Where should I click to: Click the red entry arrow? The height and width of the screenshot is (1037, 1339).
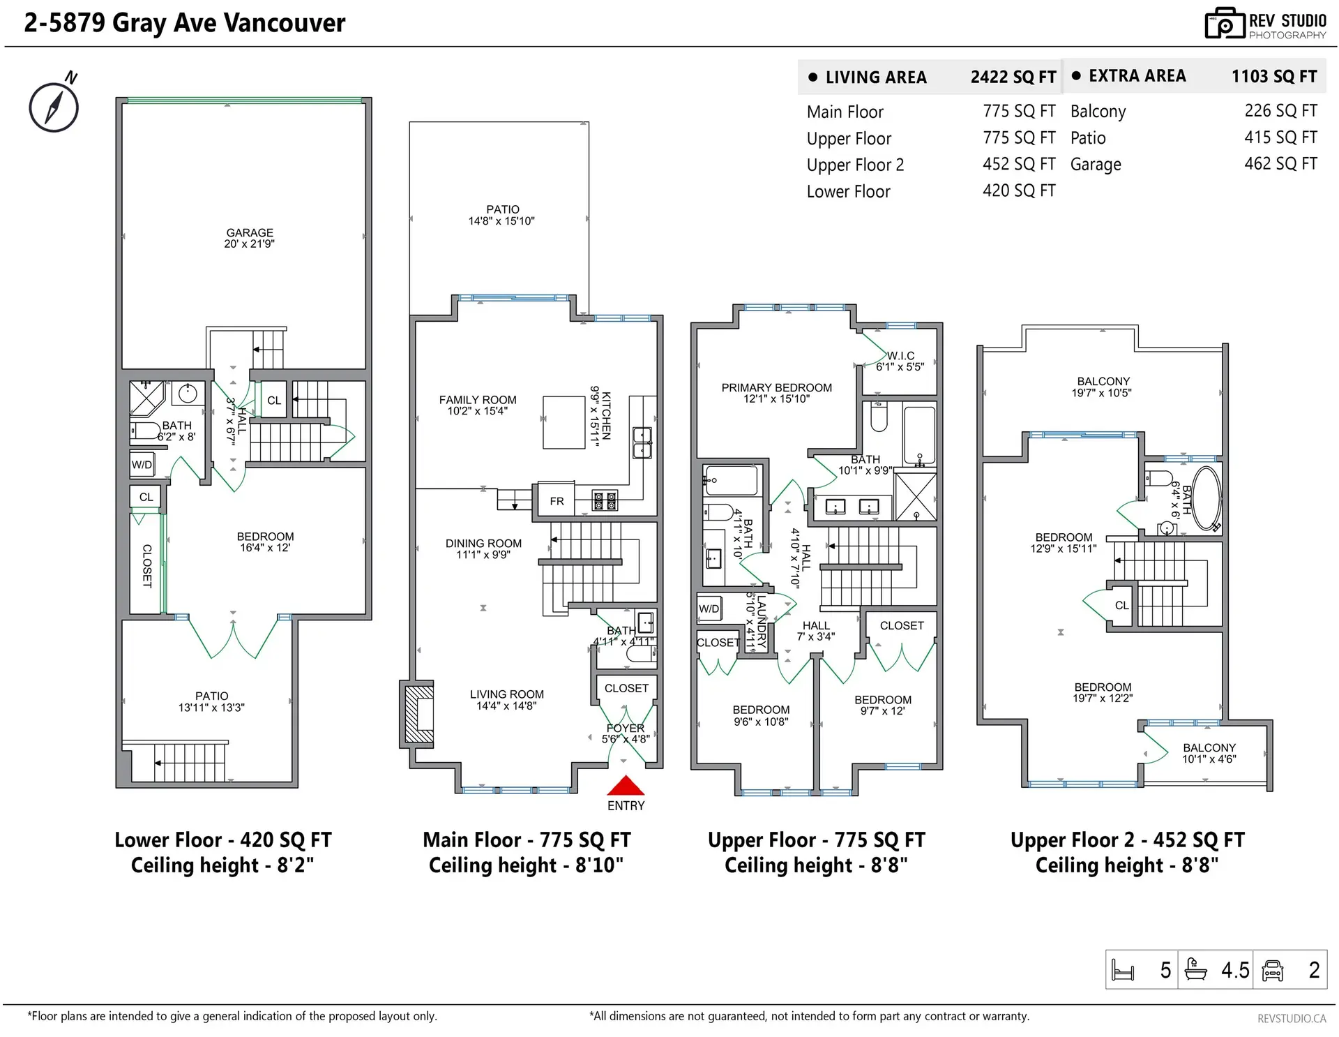tap(626, 786)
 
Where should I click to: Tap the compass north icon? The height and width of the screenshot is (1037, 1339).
tap(54, 107)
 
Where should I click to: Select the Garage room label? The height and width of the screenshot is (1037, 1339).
tap(250, 237)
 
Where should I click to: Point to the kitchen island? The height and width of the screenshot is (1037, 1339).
tap(564, 422)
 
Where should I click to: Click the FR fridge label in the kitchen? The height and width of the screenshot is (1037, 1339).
tap(557, 501)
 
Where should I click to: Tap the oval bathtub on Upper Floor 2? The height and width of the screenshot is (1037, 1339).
tap(1206, 498)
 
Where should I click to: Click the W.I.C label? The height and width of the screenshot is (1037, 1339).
tap(900, 356)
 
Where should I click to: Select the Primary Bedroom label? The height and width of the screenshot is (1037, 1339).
tap(776, 393)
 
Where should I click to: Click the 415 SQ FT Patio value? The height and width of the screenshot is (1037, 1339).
tap(1280, 137)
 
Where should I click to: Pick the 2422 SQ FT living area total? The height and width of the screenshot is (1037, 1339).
tap(1013, 77)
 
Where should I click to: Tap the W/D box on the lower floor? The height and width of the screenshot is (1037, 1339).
tap(142, 465)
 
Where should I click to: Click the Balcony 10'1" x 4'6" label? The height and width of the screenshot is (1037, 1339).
tap(1209, 753)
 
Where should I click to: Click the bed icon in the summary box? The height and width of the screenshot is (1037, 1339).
tap(1123, 970)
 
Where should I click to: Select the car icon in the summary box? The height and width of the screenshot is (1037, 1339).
tap(1273, 970)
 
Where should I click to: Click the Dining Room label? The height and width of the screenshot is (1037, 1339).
tap(483, 549)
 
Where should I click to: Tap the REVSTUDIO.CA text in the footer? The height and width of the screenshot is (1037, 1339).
tap(1292, 1019)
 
